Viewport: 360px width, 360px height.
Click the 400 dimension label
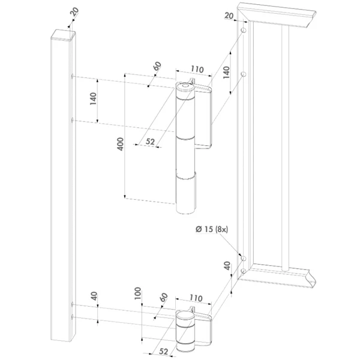[121, 144]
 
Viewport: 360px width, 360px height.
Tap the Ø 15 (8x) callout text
[212, 229]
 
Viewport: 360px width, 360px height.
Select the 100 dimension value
[137, 293]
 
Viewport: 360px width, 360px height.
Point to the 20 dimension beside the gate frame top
[229, 16]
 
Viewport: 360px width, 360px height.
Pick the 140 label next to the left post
[93, 99]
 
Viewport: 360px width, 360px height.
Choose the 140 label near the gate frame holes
[226, 73]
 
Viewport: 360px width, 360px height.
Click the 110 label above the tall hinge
[197, 69]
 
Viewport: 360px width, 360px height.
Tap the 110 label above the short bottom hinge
[196, 298]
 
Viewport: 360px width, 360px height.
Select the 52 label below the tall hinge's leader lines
[151, 142]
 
